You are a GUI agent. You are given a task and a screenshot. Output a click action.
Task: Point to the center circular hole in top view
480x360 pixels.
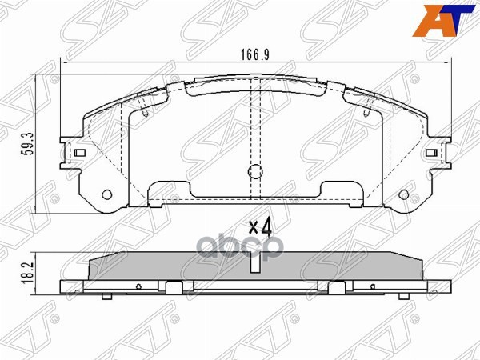[254, 171]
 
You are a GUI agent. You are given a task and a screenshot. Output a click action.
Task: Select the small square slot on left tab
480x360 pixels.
[80, 152]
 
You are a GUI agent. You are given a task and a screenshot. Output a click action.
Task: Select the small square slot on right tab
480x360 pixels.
[430, 152]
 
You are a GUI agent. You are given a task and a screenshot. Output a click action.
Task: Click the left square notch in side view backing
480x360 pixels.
[174, 286]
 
